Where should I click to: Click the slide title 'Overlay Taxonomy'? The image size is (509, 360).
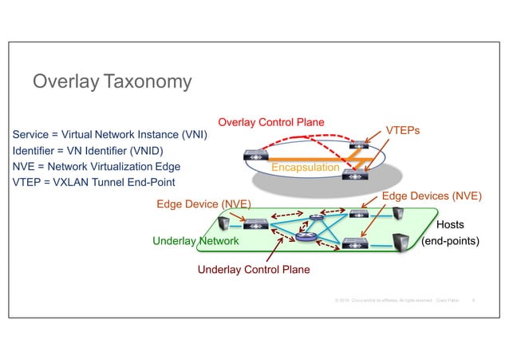click(111, 81)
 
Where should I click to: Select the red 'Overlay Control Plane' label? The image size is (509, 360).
click(271, 122)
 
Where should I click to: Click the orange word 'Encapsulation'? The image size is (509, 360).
click(306, 168)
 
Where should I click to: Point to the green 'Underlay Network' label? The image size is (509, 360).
click(195, 239)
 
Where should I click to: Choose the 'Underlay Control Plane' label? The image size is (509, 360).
click(253, 270)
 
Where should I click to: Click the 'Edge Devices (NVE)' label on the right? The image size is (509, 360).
click(432, 196)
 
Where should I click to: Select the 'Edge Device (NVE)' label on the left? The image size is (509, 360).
click(201, 204)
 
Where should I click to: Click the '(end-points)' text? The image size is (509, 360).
click(450, 239)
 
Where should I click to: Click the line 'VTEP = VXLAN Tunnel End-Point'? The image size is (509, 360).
click(94, 183)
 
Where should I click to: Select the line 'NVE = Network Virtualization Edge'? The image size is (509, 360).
click(97, 167)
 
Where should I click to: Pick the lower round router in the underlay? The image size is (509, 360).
click(304, 235)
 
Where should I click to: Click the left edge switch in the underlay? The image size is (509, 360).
click(256, 224)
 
